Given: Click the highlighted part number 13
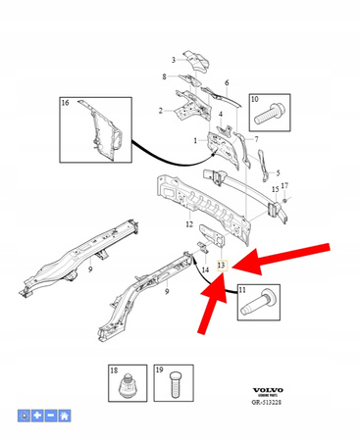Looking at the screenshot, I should tap(222, 265).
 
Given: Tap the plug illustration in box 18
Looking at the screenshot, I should tap(125, 386).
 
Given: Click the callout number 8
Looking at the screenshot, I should tap(164, 76).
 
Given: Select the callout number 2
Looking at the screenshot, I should tap(160, 111).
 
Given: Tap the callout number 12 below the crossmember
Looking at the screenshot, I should tap(189, 225).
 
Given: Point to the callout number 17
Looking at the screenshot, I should tap(285, 184).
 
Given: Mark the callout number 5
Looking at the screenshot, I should tap(278, 171).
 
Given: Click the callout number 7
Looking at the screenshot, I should tap(257, 139).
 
